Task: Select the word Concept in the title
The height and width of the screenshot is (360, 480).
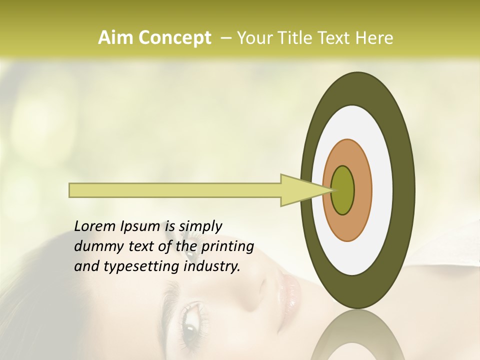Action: point(174,38)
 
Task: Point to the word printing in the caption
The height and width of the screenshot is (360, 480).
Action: point(227,246)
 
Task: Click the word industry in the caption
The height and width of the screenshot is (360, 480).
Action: point(212,266)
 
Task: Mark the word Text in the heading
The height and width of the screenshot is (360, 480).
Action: point(336,38)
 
